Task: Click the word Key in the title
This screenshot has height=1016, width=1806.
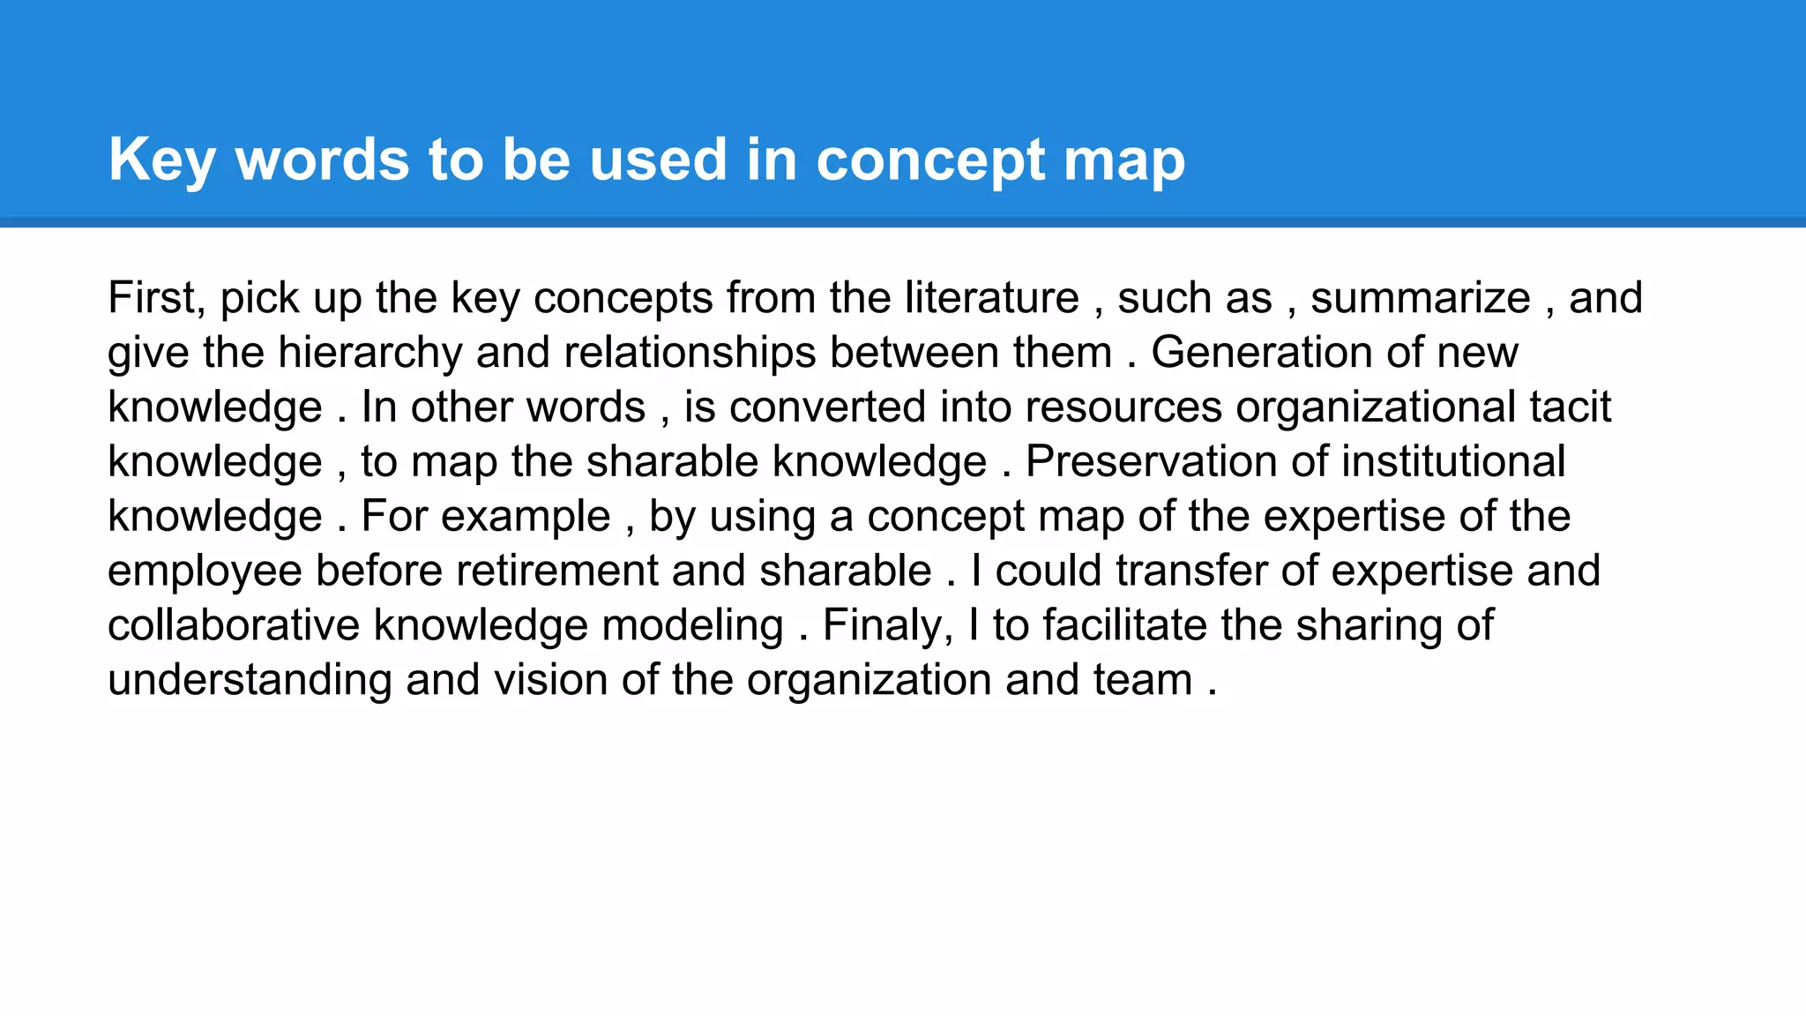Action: tap(161, 161)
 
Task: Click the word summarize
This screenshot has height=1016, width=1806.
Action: tap(1420, 298)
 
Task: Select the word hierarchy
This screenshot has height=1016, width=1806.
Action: tap(369, 353)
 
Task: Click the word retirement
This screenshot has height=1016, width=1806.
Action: tap(556, 571)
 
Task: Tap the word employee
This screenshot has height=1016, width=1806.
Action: tap(205, 571)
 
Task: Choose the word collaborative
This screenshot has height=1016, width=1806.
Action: tap(234, 625)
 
